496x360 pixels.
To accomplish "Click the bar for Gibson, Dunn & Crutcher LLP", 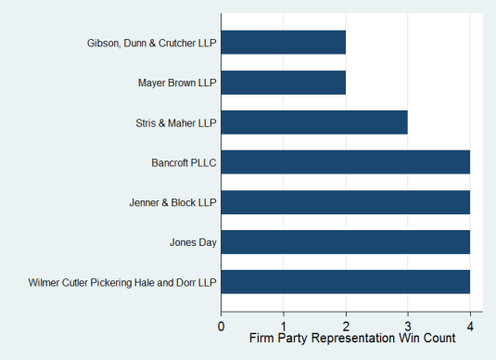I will [x=283, y=42].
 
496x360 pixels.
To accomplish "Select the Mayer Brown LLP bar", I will [x=283, y=82].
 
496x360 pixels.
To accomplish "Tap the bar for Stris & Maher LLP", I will [x=314, y=122].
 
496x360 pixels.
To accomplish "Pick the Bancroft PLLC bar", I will [x=346, y=161].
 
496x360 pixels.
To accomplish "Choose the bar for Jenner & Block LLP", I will [x=346, y=201].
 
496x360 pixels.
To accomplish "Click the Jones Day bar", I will [x=346, y=241].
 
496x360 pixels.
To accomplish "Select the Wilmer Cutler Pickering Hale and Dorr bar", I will [x=346, y=281].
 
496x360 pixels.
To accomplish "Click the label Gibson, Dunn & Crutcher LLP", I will [x=147, y=43].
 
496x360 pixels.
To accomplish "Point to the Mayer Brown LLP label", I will [x=176, y=83].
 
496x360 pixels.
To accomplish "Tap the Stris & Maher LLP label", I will [x=175, y=122].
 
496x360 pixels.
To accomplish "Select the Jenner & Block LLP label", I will [x=172, y=202].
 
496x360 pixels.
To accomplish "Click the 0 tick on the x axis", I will [x=222, y=326].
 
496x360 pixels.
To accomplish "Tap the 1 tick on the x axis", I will [x=284, y=326].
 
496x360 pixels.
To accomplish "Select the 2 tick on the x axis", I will [x=346, y=326].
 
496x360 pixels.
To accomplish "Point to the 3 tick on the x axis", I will [x=408, y=326].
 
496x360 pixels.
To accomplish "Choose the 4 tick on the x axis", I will [x=470, y=326].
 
